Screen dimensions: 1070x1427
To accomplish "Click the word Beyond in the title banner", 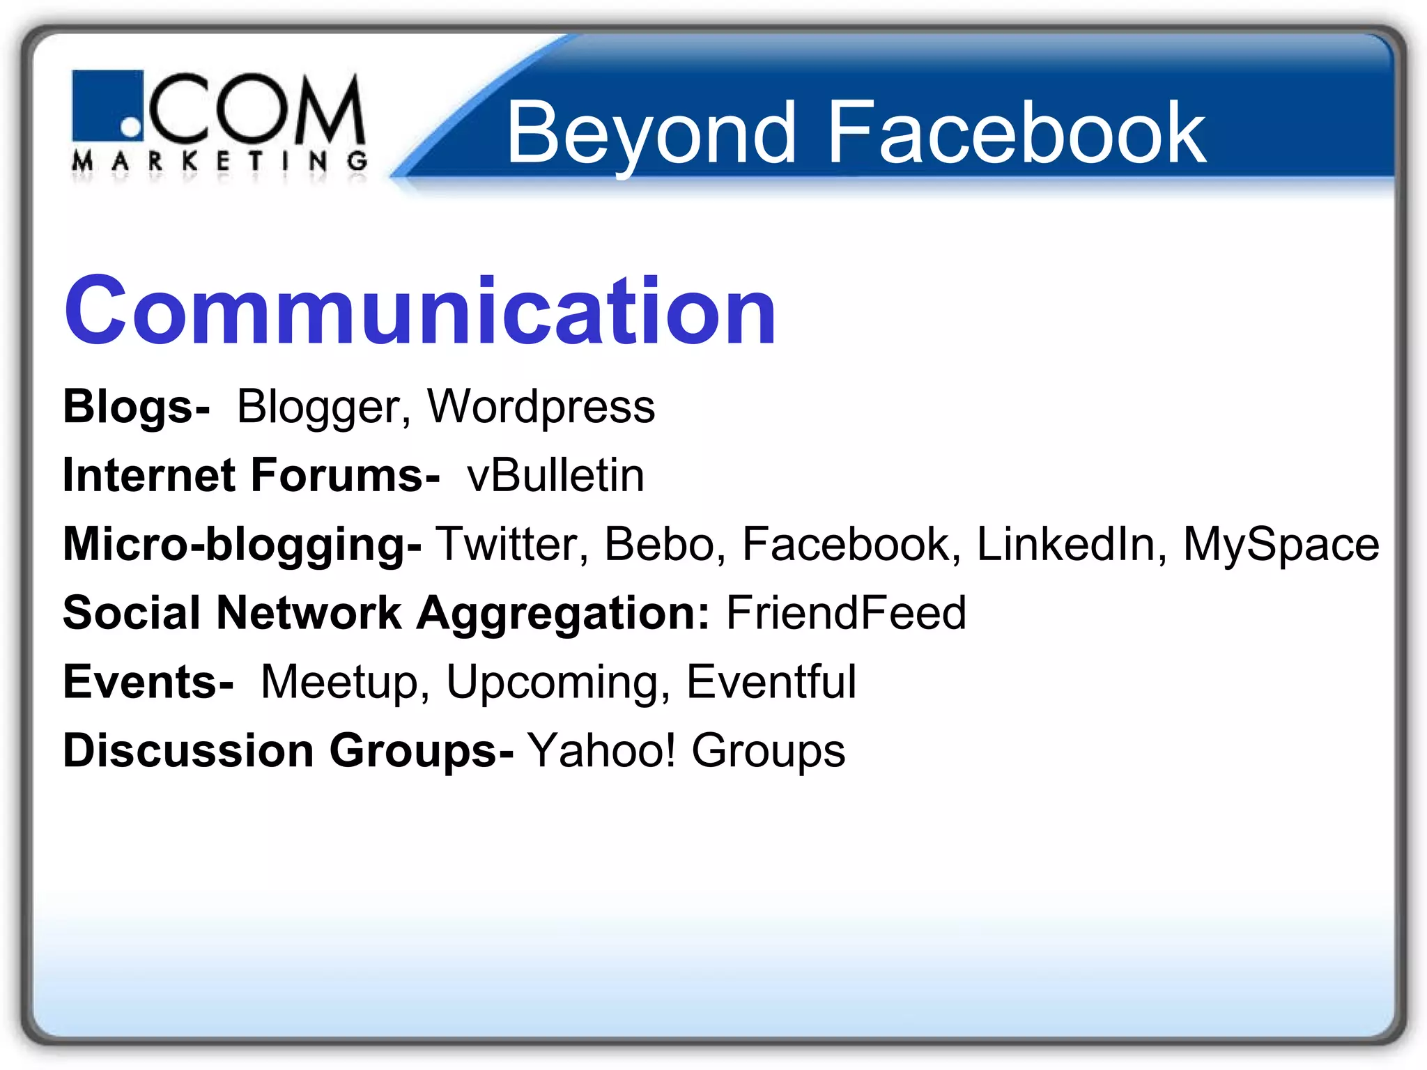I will pyautogui.click(x=651, y=132).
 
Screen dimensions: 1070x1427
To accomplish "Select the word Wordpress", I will pyautogui.click(x=541, y=407).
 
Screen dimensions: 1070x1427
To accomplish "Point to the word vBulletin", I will pyautogui.click(x=555, y=476).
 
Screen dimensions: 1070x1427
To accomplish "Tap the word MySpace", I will pyautogui.click(x=1281, y=544).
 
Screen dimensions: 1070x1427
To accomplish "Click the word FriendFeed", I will pyautogui.click(x=845, y=613).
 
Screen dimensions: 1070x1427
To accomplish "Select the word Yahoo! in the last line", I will pyautogui.click(x=601, y=750).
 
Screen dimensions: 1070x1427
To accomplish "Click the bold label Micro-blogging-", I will pyautogui.click(x=242, y=544).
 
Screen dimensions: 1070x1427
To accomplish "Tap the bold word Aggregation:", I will pyautogui.click(x=563, y=613).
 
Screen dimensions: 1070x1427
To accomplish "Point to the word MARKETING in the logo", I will pyautogui.click(x=219, y=162).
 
